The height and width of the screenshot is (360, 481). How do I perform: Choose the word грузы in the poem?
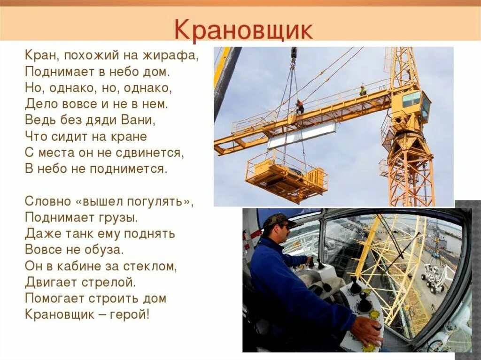pyautogui.click(x=119, y=217)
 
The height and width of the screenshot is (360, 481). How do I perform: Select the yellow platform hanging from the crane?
pyautogui.click(x=286, y=176)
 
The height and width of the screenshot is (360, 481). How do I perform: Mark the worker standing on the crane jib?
pyautogui.click(x=363, y=90)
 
